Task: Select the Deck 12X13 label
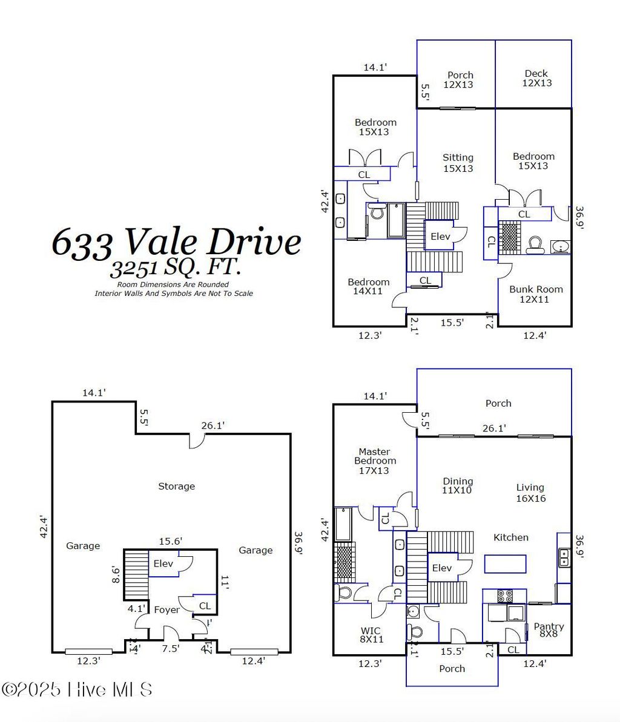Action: [x=536, y=78]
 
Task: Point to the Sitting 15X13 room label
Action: [x=458, y=163]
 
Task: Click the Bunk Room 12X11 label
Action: [x=536, y=294]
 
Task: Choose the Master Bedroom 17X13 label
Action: [x=374, y=461]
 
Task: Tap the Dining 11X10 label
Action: [x=457, y=486]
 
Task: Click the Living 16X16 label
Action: [x=530, y=493]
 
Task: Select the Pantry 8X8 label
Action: [x=549, y=630]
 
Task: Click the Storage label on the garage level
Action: [x=176, y=486]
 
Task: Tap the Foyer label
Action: [x=167, y=609]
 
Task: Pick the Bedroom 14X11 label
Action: [x=368, y=286]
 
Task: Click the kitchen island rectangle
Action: [x=505, y=564]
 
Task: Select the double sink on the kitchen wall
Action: [x=564, y=557]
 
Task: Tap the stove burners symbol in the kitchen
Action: [x=505, y=596]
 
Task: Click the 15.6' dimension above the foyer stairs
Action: [x=171, y=542]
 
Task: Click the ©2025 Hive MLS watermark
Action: [x=77, y=689]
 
